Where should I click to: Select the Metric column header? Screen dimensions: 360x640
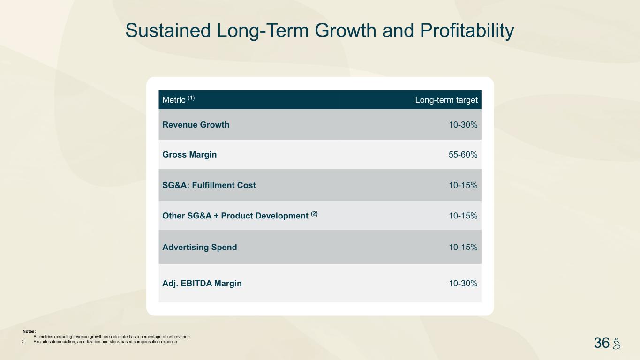173,100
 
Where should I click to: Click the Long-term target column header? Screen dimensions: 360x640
446,100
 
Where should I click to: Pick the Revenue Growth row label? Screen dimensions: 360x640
196,125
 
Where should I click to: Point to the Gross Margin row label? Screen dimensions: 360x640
189,155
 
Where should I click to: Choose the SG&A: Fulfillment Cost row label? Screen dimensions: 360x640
209,185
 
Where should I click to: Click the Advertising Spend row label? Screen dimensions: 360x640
199,247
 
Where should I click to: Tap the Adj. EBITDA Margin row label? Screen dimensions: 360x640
202,283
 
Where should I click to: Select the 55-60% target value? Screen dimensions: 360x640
463,155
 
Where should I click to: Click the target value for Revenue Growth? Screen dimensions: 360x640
463,125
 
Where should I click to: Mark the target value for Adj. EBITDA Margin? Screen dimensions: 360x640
463,283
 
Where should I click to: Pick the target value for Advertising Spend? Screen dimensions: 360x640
463,247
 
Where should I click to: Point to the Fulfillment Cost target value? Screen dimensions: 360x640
463,185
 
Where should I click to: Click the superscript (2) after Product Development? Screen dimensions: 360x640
314,214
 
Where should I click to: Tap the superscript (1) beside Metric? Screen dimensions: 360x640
191,98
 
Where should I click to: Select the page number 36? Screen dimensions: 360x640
602,343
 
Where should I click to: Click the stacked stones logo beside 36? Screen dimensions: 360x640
617,343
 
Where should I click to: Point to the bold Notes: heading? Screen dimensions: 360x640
29,331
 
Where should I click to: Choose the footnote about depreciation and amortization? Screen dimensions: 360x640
105,342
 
